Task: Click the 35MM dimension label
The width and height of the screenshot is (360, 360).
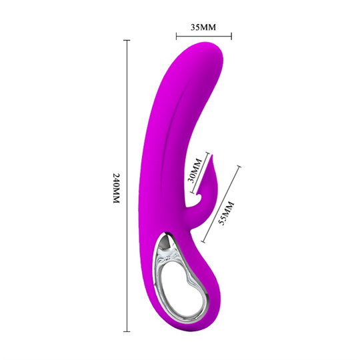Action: point(205,27)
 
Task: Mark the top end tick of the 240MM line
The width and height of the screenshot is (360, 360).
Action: point(127,40)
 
